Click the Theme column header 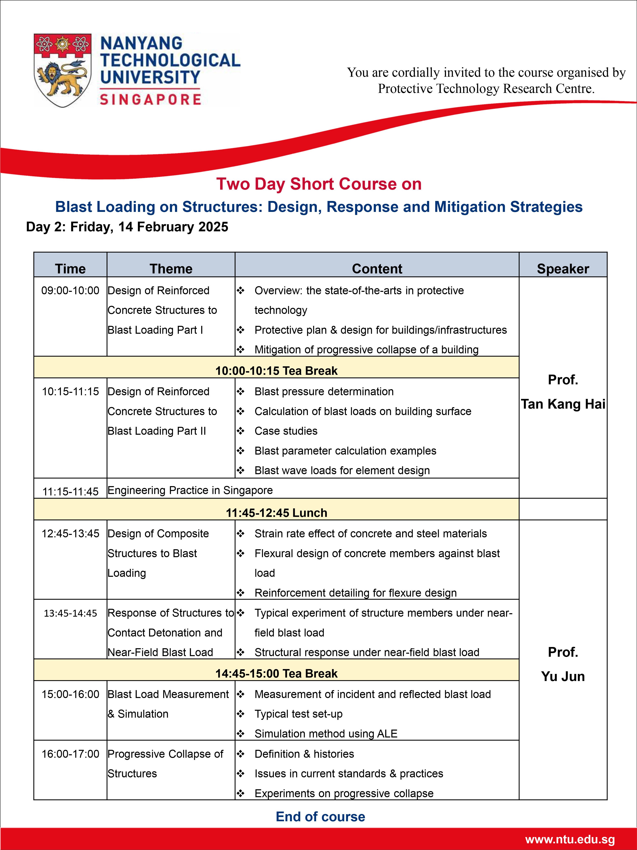[171, 269]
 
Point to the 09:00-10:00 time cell [70, 290]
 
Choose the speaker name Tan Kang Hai [563, 404]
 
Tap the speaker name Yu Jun [563, 676]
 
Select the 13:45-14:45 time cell [70, 613]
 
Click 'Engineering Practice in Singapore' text [190, 490]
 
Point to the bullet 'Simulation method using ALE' [326, 734]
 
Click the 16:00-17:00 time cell [70, 754]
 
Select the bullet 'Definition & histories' [304, 754]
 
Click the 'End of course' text [320, 817]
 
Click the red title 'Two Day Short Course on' [319, 184]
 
